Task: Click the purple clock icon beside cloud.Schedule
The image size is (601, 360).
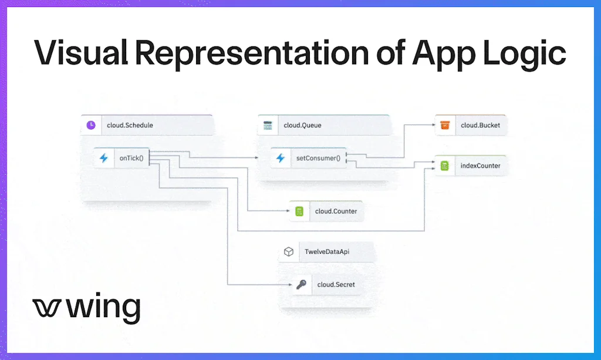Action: pos(91,125)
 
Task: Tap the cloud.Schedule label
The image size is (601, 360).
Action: pos(130,125)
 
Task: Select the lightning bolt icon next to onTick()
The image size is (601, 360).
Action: pos(104,158)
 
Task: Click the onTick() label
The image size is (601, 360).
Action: pos(131,158)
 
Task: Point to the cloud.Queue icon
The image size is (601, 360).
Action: pos(268,125)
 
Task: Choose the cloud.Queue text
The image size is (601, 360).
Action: pos(302,125)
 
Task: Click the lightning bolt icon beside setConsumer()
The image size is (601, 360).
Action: pos(281,158)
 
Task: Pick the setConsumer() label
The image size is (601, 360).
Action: pos(318,158)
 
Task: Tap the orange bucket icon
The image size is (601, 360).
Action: pos(445,125)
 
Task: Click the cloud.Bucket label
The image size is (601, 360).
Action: pos(481,125)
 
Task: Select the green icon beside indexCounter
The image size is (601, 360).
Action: pos(445,166)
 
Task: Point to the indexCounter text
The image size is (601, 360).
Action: pos(480,166)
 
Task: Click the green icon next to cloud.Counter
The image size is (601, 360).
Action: pos(299,211)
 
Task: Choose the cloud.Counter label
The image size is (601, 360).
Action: pos(336,211)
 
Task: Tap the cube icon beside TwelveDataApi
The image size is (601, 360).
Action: pos(288,252)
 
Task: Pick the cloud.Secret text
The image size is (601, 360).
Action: pos(336,285)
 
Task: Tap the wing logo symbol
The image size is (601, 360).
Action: pos(46,308)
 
